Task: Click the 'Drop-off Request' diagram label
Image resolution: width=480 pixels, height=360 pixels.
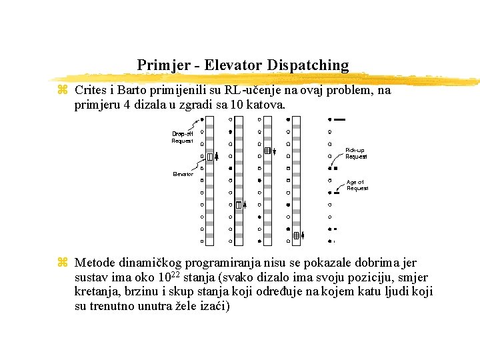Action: coord(182,137)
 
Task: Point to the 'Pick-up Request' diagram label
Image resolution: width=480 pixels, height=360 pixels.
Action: coord(355,153)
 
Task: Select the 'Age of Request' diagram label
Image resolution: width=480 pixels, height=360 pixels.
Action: coord(357,185)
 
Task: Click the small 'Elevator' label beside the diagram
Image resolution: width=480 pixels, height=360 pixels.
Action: coord(183,174)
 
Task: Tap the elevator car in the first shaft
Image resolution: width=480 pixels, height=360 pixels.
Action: coord(210,157)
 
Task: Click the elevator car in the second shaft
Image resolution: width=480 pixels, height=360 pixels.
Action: coord(239,205)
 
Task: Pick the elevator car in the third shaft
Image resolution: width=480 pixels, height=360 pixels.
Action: coord(267,151)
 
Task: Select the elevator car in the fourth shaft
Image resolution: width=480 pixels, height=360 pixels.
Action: coord(296,235)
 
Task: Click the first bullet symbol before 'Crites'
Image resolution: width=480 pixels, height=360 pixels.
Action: coord(63,90)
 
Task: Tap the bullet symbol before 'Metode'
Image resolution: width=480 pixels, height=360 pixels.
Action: coord(63,263)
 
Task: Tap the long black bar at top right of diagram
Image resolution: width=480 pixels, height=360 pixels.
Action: coord(339,120)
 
